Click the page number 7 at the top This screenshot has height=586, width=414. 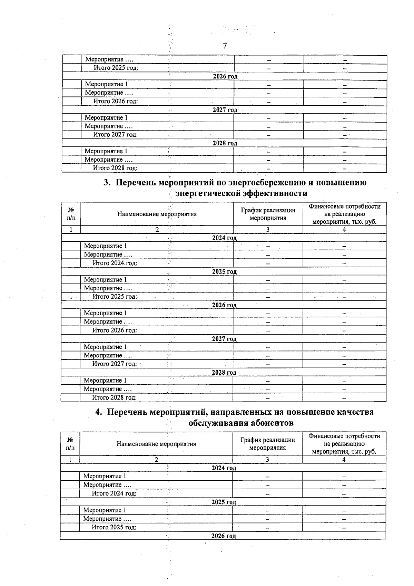pos(225,46)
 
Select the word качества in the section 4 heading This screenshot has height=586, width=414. pos(352,412)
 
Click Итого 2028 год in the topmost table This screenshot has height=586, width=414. pos(115,168)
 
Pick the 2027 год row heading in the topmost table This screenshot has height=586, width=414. pos(225,110)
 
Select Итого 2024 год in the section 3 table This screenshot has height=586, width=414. pos(115,263)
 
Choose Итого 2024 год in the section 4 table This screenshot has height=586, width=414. pos(114,493)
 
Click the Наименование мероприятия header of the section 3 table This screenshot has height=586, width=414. pos(157,214)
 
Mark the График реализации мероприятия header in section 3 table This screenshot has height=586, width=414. pos(268,214)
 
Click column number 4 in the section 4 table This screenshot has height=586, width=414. pos(344,460)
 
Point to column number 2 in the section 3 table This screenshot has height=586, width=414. pos(157,230)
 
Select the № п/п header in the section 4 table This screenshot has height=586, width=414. pos(70,444)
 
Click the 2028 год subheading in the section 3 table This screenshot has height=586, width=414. pos(224,372)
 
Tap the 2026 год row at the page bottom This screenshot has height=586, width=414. pos(224,536)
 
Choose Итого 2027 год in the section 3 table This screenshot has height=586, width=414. pos(114,364)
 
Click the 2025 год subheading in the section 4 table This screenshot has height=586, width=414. pos(224,502)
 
